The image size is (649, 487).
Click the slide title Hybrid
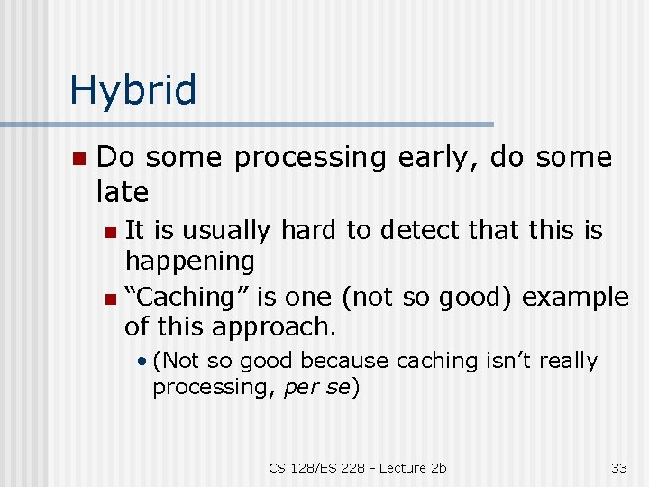coord(133,90)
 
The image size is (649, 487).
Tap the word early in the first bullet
coord(438,158)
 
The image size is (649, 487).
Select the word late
coord(122,191)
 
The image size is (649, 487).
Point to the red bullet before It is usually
coord(110,232)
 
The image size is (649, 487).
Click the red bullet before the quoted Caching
coord(110,299)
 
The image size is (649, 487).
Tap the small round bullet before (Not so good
coord(143,361)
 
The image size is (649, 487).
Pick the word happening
coord(189,262)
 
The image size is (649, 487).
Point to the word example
coord(575,298)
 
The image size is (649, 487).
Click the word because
coord(343,361)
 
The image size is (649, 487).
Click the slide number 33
coord(618,467)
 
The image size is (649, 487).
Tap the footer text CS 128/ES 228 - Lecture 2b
coord(357,467)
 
